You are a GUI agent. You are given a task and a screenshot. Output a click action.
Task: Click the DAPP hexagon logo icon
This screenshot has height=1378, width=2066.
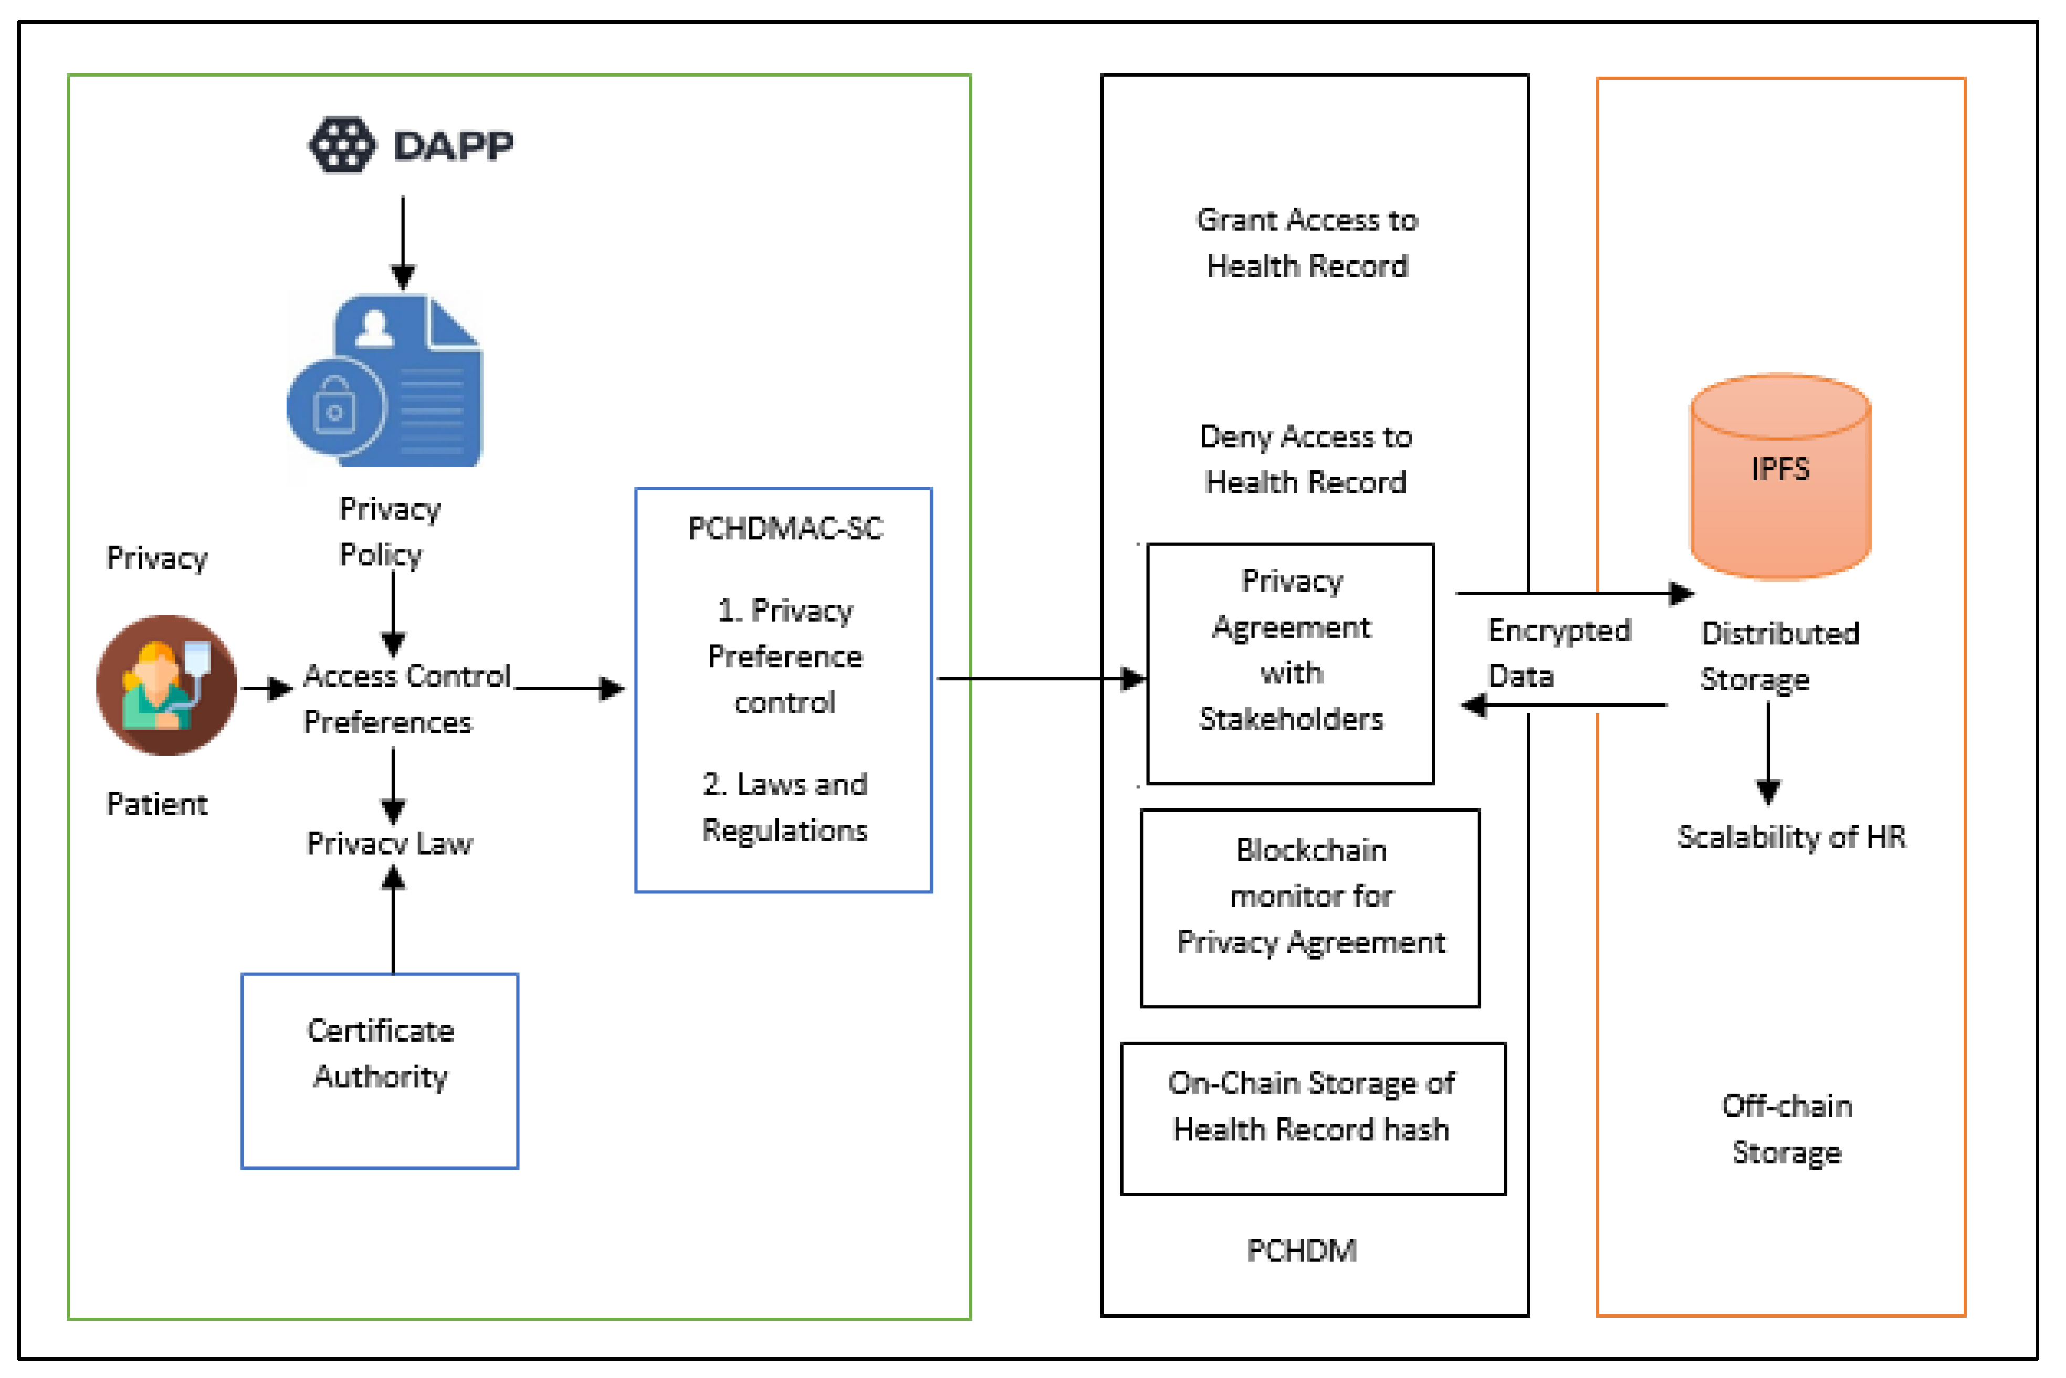pyautogui.click(x=342, y=145)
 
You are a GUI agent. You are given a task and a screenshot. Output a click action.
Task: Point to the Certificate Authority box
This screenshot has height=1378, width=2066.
pyautogui.click(x=380, y=1070)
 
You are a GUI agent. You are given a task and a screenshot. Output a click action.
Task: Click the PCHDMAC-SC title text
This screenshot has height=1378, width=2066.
pyautogui.click(x=785, y=528)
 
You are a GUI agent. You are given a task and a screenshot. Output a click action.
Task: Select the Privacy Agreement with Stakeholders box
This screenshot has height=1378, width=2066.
pyautogui.click(x=1290, y=664)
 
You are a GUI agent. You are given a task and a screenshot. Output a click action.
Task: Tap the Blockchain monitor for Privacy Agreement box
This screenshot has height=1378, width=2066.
pyautogui.click(x=1309, y=908)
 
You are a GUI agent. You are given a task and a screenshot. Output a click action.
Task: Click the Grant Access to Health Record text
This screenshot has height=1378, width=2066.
pyautogui.click(x=1307, y=243)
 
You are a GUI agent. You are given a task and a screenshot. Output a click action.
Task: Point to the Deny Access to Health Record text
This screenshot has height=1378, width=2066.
pyautogui.click(x=1306, y=459)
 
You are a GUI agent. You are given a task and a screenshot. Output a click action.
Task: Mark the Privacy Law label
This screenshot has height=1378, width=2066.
pyautogui.click(x=389, y=843)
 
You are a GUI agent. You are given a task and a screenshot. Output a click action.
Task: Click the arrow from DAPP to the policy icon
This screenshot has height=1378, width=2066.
pyautogui.click(x=403, y=241)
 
